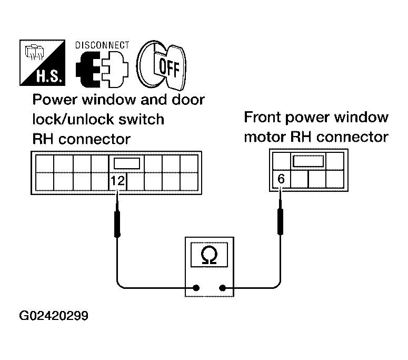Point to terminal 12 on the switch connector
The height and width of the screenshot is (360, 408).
coord(117,181)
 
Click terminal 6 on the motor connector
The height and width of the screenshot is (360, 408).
coord(281,179)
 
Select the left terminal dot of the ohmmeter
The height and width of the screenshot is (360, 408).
coord(196,288)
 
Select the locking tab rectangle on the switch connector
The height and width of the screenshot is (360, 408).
coord(127,162)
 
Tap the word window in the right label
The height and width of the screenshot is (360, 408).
coord(362,117)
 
